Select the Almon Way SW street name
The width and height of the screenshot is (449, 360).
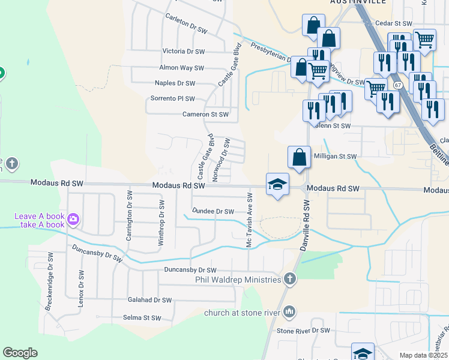coord(181,68)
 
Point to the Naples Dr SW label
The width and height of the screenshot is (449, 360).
coord(175,83)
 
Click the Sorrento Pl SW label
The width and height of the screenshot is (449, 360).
coord(172,98)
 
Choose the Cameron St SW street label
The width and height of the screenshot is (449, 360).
coord(205,114)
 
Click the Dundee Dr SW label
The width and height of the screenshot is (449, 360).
coord(212,211)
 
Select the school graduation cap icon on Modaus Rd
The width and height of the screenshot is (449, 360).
coord(277,184)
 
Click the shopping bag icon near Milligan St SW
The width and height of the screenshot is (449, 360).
coord(299,157)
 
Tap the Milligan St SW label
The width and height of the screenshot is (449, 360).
coord(335,157)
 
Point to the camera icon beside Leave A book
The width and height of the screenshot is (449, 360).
coord(74,220)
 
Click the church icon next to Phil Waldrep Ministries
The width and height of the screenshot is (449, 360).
coord(290,279)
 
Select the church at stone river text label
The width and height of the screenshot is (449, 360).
coord(243,312)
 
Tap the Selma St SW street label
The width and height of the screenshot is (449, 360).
coord(142,318)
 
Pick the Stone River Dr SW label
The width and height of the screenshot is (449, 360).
coord(303,331)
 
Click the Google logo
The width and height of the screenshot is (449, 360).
coord(20,352)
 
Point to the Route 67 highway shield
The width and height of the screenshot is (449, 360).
coord(397,85)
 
